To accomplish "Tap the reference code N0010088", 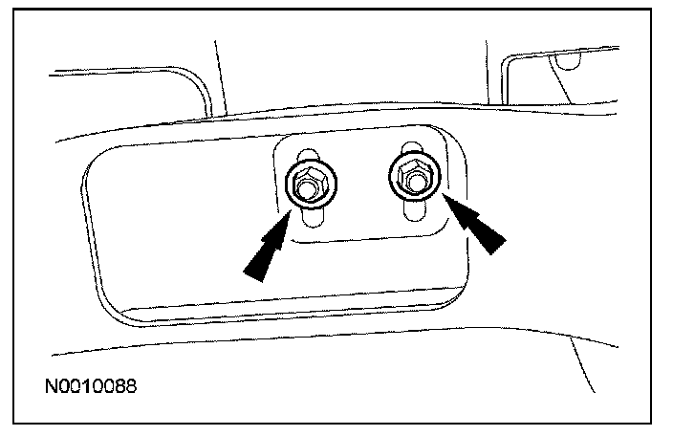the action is [92, 388].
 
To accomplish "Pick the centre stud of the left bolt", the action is [305, 187].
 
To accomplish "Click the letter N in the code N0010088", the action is [51, 388].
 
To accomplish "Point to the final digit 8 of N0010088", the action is [132, 388].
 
